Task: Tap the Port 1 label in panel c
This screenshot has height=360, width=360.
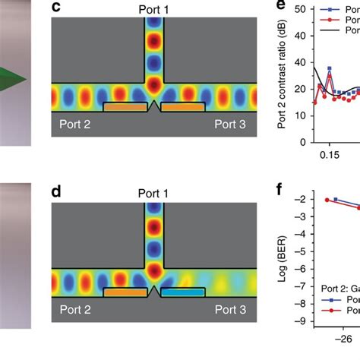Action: point(154,8)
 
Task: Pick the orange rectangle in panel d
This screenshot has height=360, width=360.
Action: point(125,292)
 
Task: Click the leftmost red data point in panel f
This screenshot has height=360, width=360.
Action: point(327,200)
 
